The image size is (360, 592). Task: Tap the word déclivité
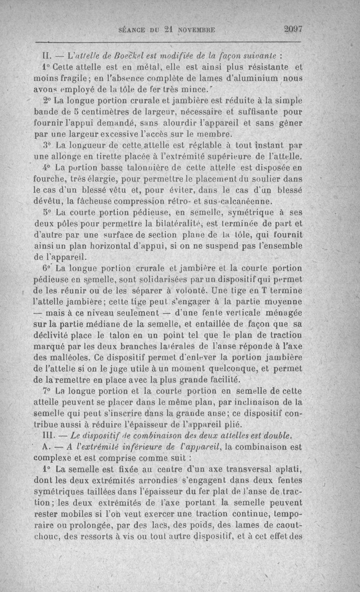(55, 335)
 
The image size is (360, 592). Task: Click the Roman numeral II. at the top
(47, 57)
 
